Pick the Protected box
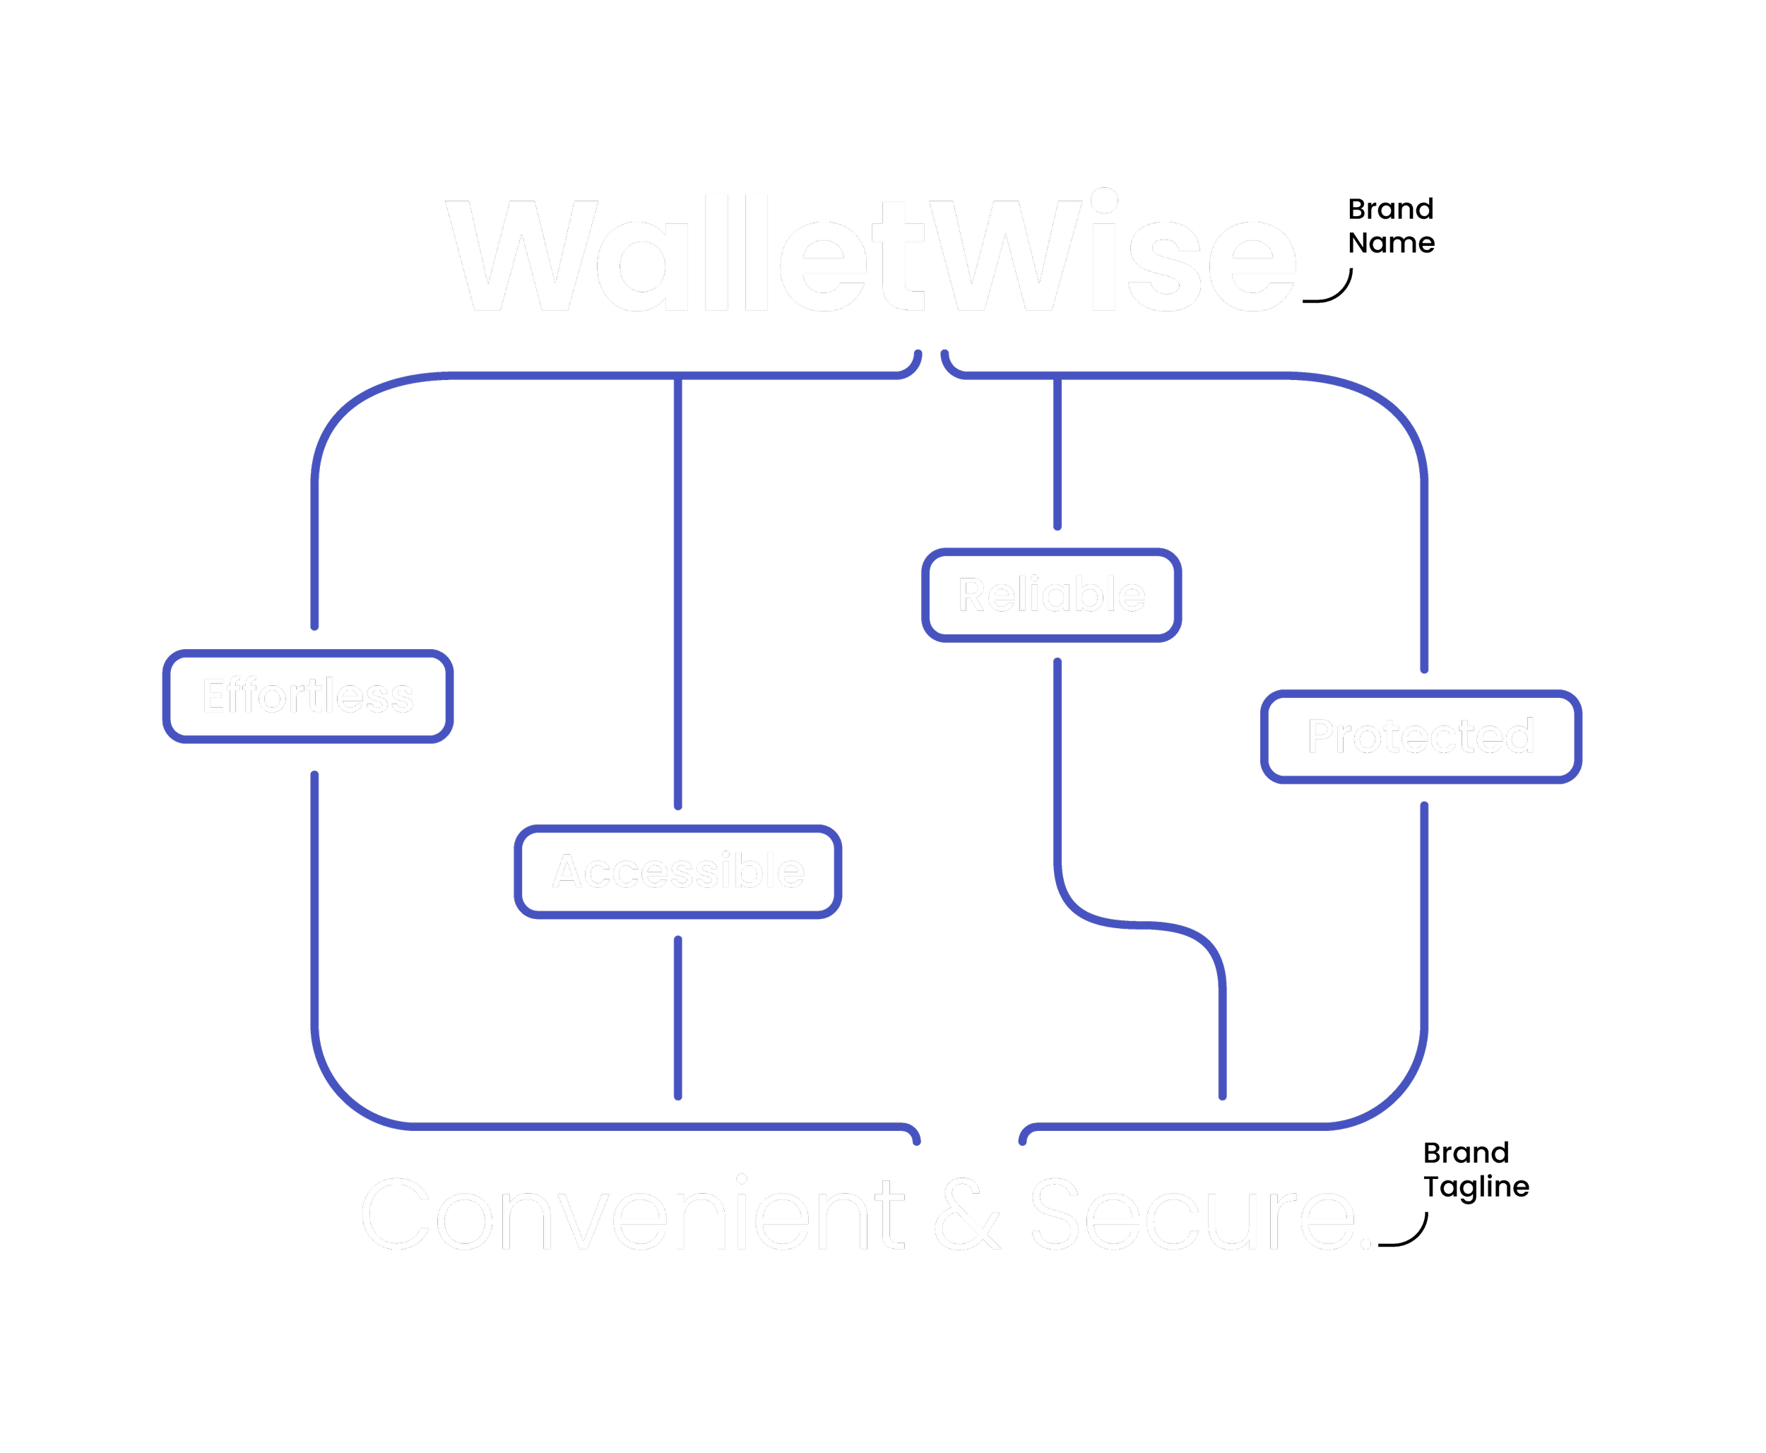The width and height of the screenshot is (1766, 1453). coord(1421,737)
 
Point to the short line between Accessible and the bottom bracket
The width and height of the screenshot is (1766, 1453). coord(678,1018)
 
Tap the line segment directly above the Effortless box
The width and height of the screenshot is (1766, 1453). coord(314,552)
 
